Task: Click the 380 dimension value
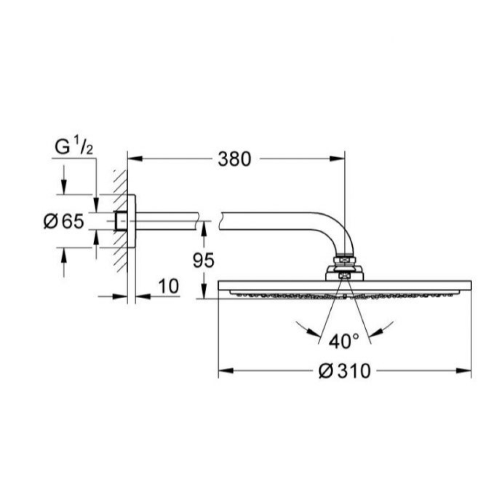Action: click(234, 159)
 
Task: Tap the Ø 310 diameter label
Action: click(345, 371)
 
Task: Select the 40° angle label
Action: click(344, 341)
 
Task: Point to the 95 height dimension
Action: click(204, 260)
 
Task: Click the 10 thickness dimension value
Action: click(169, 286)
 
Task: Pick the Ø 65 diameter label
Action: click(64, 221)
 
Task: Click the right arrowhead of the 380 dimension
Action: click(337, 159)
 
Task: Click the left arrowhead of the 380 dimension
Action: click(135, 159)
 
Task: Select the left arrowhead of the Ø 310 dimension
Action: click(226, 371)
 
